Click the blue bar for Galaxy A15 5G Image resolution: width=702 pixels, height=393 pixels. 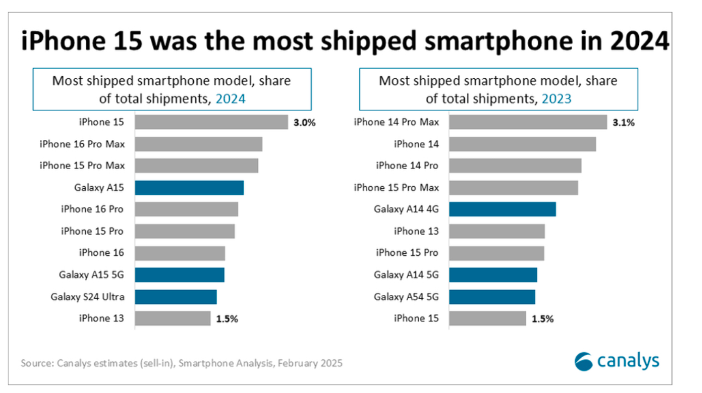[180, 275]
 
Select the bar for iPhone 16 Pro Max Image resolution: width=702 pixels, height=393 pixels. [199, 144]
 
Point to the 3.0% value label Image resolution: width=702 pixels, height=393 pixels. [305, 122]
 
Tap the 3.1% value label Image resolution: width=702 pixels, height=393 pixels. [624, 122]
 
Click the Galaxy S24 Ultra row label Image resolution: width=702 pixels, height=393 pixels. [88, 297]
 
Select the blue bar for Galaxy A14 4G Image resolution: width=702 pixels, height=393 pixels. [502, 210]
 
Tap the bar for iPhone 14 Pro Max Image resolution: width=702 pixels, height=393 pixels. [528, 122]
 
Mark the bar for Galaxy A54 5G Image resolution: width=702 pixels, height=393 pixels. [492, 297]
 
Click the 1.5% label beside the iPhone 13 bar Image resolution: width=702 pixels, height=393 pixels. [227, 319]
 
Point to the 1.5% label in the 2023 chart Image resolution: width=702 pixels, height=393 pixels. [543, 319]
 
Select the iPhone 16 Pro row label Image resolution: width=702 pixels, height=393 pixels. [93, 210]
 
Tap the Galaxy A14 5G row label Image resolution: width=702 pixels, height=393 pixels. [407, 275]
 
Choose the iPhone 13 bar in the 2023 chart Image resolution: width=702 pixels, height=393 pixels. [497, 231]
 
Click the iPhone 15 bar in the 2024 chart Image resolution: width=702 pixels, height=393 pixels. [211, 122]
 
